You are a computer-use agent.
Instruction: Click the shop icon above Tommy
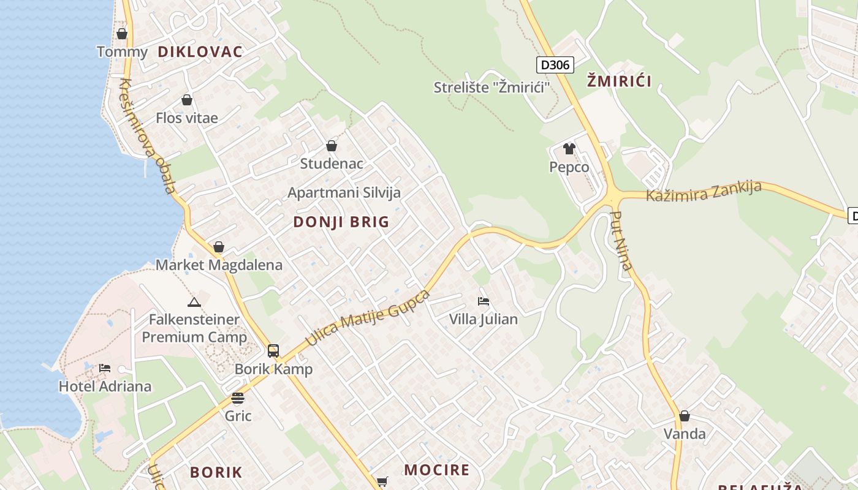(x=122, y=34)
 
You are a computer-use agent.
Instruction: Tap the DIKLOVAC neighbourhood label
(x=200, y=51)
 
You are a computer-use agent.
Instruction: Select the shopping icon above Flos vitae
(x=187, y=100)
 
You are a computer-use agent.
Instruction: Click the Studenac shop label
(x=332, y=164)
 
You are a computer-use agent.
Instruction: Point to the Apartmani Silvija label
(x=344, y=192)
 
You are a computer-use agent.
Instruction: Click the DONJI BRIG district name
(x=341, y=222)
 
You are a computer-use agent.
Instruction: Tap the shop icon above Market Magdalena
(x=219, y=247)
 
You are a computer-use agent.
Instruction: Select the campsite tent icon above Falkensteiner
(x=194, y=302)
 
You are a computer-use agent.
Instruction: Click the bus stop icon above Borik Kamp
(x=273, y=351)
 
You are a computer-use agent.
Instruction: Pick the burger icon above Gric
(x=238, y=398)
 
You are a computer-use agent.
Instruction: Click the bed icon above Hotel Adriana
(x=105, y=368)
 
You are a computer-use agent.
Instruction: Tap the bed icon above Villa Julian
(x=484, y=301)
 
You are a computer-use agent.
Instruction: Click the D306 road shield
(x=555, y=65)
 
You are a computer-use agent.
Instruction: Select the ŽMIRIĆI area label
(x=619, y=80)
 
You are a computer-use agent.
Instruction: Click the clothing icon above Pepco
(x=569, y=149)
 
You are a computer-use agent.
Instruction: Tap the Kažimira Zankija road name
(x=704, y=191)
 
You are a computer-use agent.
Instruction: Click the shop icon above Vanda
(x=685, y=417)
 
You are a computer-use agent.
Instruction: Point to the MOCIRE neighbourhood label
(x=436, y=470)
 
